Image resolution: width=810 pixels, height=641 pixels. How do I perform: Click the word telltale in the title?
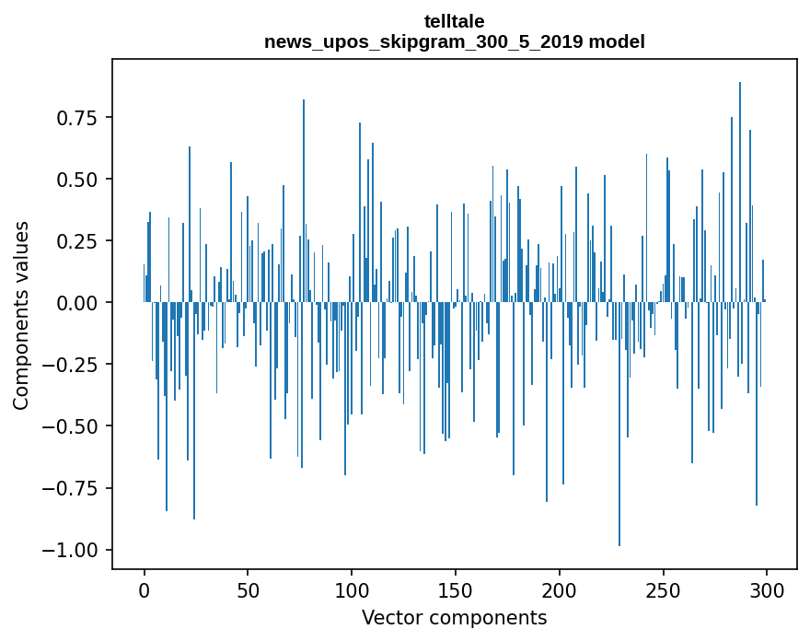click(455, 21)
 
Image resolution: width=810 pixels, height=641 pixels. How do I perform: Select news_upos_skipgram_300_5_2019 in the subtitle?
click(424, 41)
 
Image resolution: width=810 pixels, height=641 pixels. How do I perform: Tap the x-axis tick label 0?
click(145, 591)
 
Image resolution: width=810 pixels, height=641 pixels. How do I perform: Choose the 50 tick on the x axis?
click(248, 591)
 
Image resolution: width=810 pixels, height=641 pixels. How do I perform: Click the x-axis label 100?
click(352, 591)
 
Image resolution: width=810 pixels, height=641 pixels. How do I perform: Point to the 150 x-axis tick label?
click(455, 591)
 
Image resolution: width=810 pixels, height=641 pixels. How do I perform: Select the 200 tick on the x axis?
click(559, 591)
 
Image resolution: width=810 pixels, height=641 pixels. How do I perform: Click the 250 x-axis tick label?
click(663, 591)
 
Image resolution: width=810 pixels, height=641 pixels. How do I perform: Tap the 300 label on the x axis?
click(766, 591)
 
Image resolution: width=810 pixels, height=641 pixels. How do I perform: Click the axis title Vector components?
click(455, 618)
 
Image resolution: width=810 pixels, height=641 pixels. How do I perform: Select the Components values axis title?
click(21, 314)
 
